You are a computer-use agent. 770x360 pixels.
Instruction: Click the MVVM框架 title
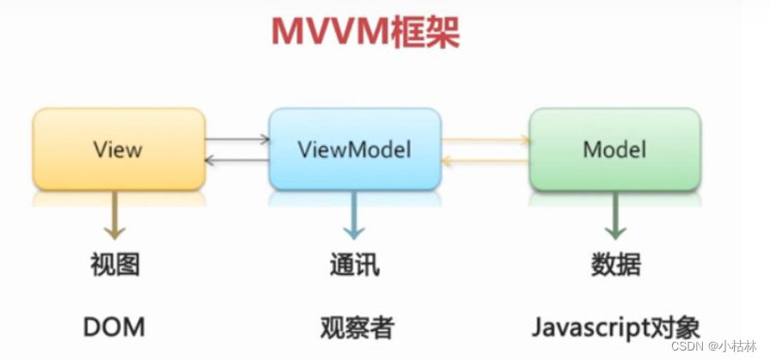(x=365, y=32)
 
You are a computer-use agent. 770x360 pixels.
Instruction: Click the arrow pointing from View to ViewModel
(x=237, y=137)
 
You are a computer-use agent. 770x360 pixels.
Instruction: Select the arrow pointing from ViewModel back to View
(x=237, y=160)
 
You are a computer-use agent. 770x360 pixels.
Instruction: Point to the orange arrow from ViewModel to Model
(x=486, y=138)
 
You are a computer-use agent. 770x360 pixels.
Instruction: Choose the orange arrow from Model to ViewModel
(x=486, y=161)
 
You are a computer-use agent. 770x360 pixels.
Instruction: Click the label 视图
(x=114, y=265)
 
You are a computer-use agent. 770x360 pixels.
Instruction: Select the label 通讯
(x=354, y=265)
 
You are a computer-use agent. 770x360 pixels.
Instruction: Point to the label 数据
(x=615, y=265)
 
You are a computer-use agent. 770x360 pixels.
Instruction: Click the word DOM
(x=114, y=326)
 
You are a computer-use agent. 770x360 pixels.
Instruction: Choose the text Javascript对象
(x=615, y=327)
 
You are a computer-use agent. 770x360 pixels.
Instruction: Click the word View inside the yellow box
(x=119, y=149)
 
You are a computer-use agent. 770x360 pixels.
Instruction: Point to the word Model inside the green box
(x=614, y=149)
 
